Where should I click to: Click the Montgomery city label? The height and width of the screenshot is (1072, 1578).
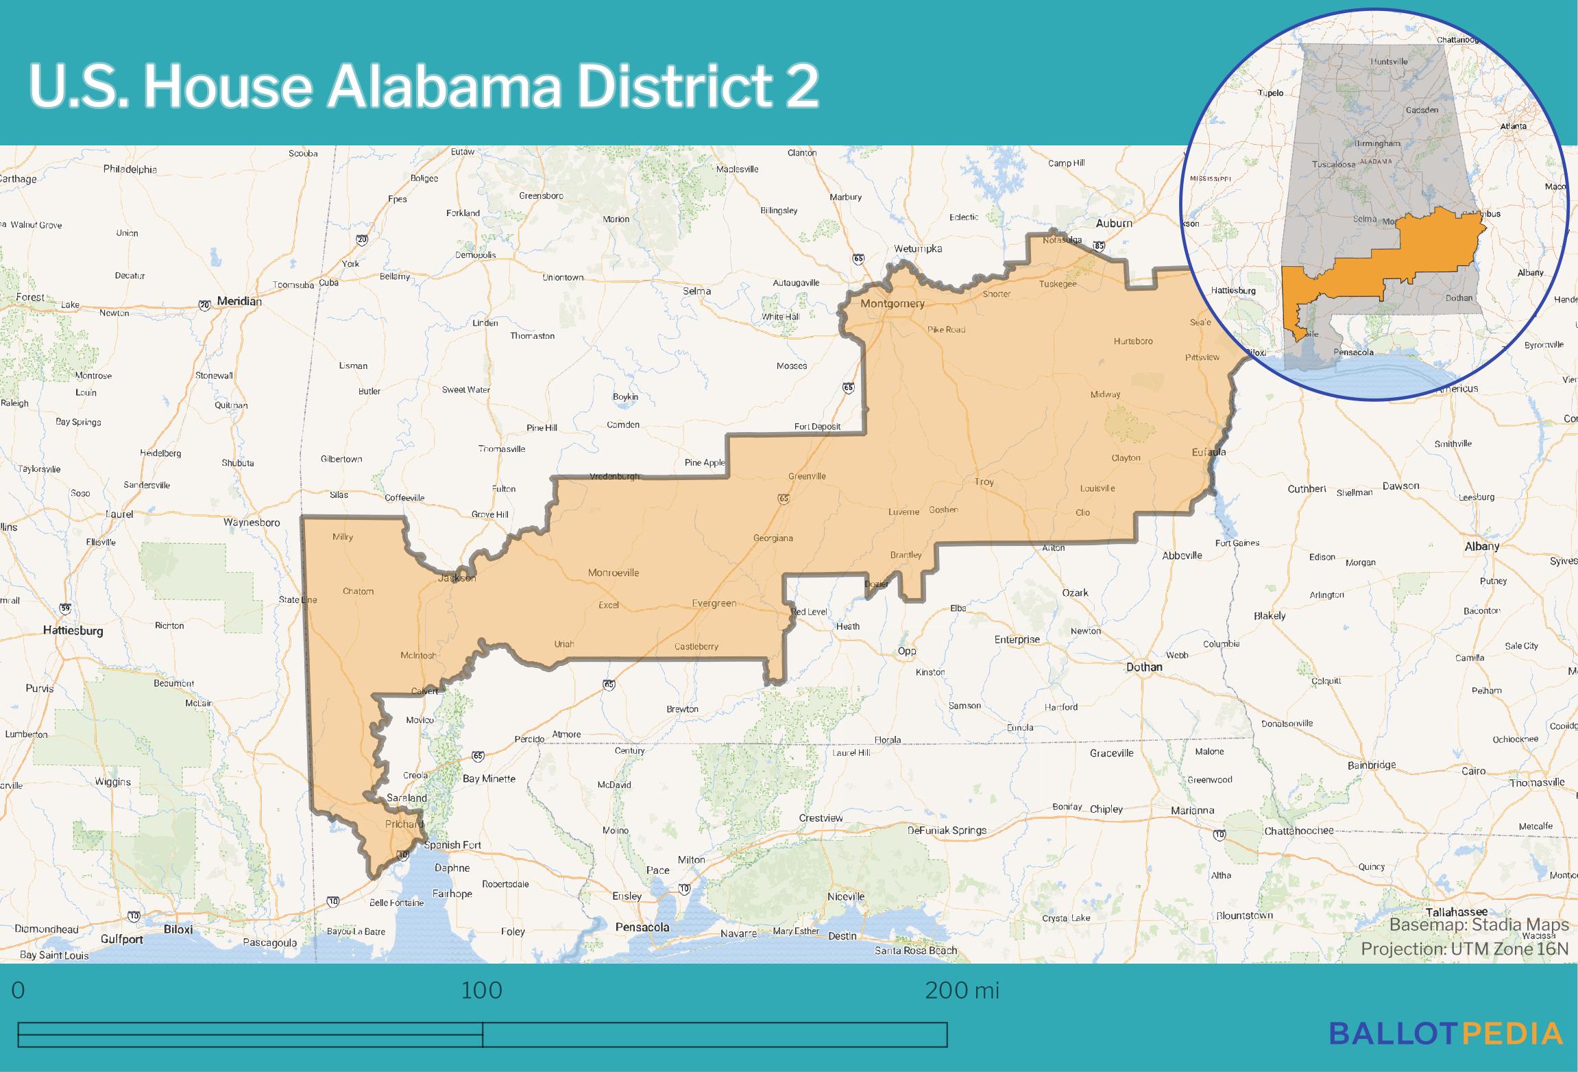pyautogui.click(x=892, y=303)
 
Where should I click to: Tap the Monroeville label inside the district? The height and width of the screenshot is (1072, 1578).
pyautogui.click(x=613, y=573)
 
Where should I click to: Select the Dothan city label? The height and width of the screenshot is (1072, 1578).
pyautogui.click(x=1144, y=667)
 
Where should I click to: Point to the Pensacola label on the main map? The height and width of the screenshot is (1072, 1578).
pyautogui.click(x=642, y=927)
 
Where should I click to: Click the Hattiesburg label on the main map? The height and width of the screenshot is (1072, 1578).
pyautogui.click(x=73, y=630)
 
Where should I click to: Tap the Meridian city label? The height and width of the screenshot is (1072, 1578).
pyautogui.click(x=239, y=301)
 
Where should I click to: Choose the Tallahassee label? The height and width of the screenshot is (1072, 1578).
pyautogui.click(x=1456, y=912)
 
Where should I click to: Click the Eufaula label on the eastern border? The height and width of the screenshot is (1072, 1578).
pyautogui.click(x=1209, y=452)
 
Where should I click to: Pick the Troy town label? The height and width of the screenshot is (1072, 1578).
pyautogui.click(x=984, y=481)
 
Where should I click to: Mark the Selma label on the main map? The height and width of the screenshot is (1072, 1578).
pyautogui.click(x=696, y=291)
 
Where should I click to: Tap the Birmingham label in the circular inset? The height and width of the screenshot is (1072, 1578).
pyautogui.click(x=1377, y=144)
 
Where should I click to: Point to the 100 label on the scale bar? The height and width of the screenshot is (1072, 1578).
pyautogui.click(x=481, y=990)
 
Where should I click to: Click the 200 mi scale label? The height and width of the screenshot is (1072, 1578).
pyautogui.click(x=962, y=990)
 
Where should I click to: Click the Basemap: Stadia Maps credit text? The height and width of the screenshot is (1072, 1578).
pyautogui.click(x=1479, y=925)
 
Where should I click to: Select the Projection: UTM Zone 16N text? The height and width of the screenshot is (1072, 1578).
pyautogui.click(x=1464, y=949)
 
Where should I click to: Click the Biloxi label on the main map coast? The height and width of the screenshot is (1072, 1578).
pyautogui.click(x=178, y=930)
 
